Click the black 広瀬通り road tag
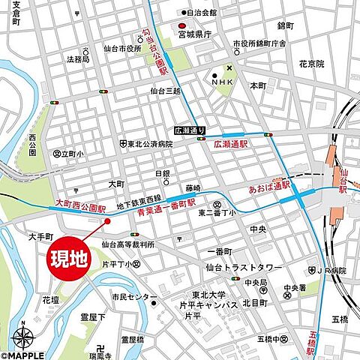tap(187, 129)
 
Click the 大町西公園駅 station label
tap(80, 203)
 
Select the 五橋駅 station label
tap(313, 337)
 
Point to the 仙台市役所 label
tap(123, 49)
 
